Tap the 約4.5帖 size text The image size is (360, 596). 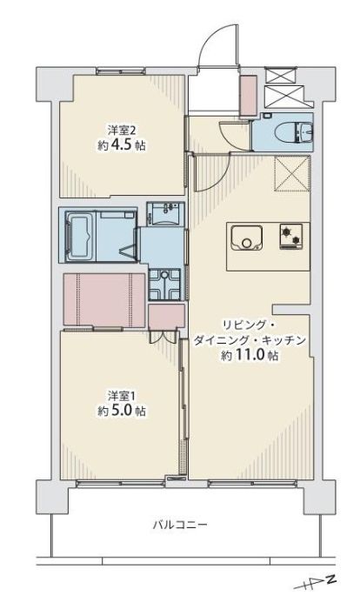(123, 145)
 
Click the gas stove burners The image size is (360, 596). (290, 237)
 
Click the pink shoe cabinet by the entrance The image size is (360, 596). (246, 94)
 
